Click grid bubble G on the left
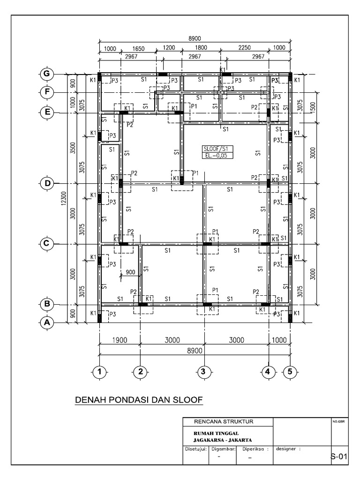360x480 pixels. coord(47,75)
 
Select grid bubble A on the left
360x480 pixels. coord(47,322)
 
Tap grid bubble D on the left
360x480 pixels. coord(47,183)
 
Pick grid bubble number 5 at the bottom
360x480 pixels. coord(290,372)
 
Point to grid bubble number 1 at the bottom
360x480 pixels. coord(99,372)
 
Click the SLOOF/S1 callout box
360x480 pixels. coord(214,149)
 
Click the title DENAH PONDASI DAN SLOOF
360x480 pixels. coord(139,400)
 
